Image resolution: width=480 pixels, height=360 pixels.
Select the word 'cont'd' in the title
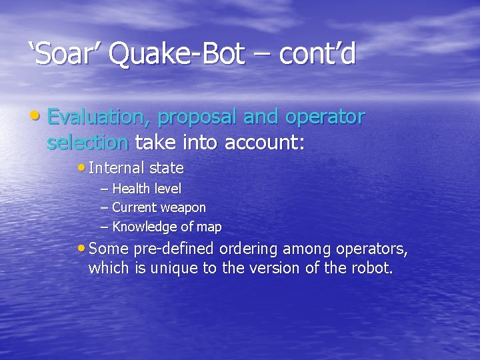point(318,55)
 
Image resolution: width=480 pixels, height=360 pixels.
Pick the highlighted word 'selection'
point(88,142)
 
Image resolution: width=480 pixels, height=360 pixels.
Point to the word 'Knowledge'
point(146,227)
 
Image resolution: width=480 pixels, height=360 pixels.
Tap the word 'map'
point(209,227)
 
